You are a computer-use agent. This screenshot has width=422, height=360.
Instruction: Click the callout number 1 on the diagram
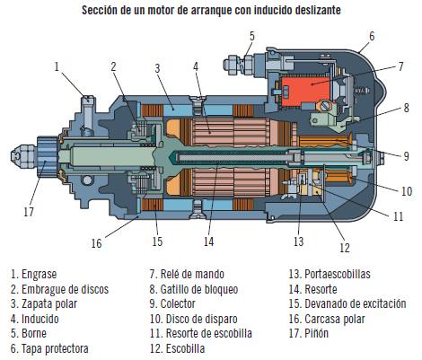coord(57,66)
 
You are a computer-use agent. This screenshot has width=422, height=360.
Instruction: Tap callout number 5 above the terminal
coord(251,35)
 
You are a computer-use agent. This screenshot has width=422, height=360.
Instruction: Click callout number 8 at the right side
coord(405,107)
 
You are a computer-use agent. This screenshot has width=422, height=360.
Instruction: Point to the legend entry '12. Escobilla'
coord(179,347)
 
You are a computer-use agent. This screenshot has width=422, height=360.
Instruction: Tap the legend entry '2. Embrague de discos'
coord(60,288)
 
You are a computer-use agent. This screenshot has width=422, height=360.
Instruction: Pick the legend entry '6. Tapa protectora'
coord(50,347)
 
